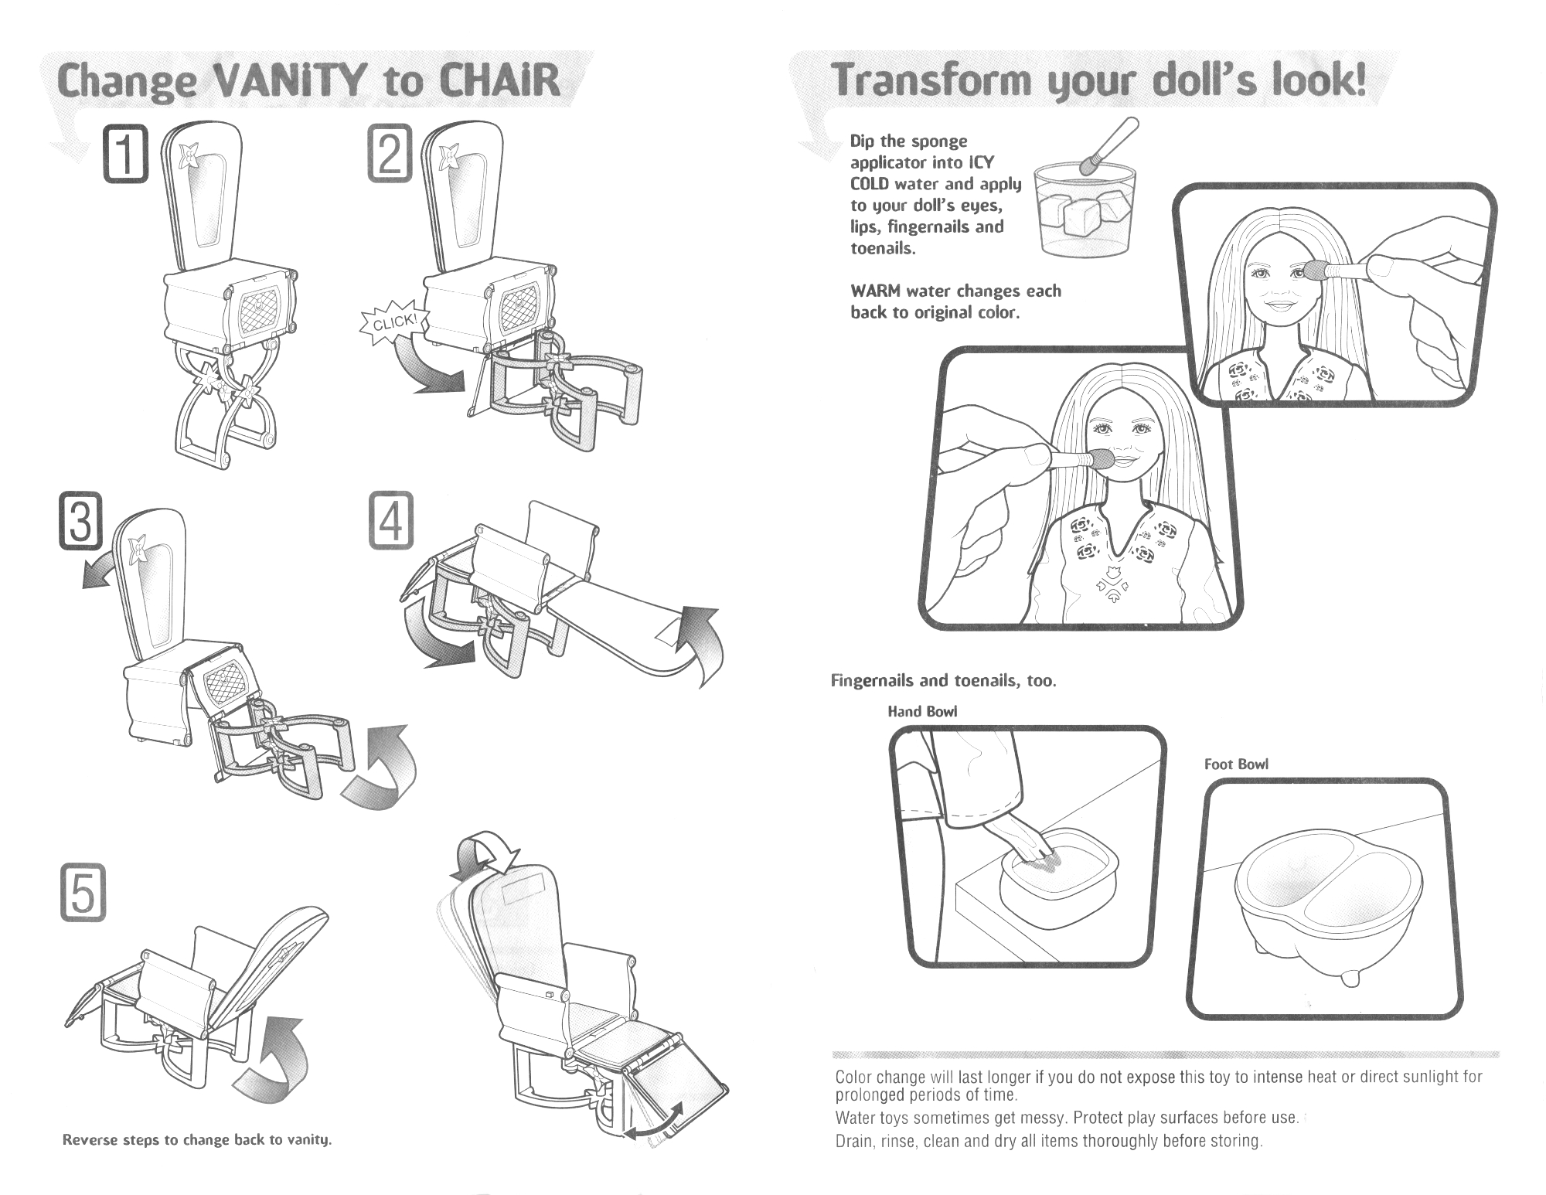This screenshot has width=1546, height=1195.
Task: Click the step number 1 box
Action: point(125,155)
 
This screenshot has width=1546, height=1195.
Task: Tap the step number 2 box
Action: point(390,155)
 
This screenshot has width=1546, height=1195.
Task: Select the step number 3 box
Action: point(81,522)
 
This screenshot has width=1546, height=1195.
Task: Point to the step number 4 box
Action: point(390,522)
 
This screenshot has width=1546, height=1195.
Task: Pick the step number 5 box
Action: point(83,895)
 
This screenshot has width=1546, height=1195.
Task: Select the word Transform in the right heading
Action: point(930,81)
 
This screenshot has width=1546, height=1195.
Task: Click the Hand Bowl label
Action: point(922,711)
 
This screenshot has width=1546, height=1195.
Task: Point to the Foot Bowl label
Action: point(1236,764)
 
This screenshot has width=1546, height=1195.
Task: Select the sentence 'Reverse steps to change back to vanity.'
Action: point(197,1140)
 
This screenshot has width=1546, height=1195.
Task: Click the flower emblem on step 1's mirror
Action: point(189,156)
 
